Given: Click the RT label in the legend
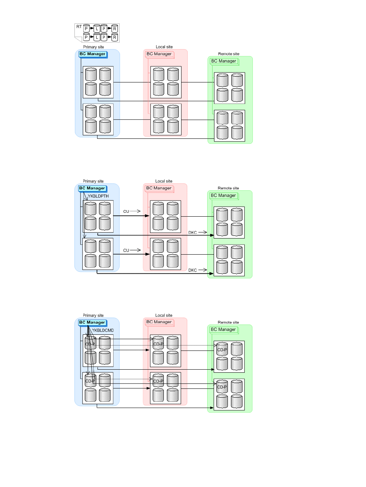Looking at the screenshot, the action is tap(79, 26).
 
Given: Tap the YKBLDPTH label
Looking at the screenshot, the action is tap(98, 196).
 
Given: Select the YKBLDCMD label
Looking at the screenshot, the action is tap(103, 331).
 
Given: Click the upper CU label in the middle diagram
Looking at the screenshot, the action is tap(126, 211).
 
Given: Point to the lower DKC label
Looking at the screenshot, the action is tap(193, 270).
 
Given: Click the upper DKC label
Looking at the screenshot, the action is tap(193, 232).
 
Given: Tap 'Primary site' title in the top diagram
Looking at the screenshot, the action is tap(94, 47).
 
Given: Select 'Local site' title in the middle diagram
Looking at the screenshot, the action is tap(164, 181).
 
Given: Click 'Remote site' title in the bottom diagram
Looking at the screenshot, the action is tap(228, 322).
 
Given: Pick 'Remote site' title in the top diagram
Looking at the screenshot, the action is tap(229, 54).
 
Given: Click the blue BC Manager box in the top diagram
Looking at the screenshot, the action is tap(93, 54).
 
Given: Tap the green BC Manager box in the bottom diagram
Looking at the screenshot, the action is tap(224, 330).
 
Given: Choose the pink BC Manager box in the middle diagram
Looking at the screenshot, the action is tap(159, 188).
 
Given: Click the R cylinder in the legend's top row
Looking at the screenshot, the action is tap(115, 28).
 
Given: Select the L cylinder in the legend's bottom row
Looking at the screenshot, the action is tap(97, 37).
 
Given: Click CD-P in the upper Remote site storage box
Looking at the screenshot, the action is tap(222, 350).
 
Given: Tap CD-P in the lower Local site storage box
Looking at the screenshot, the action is tap(158, 381).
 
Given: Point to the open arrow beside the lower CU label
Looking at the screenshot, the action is tap(135, 250).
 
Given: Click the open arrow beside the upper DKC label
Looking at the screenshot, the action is tap(203, 232).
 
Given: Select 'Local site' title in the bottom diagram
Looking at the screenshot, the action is tap(164, 315).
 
